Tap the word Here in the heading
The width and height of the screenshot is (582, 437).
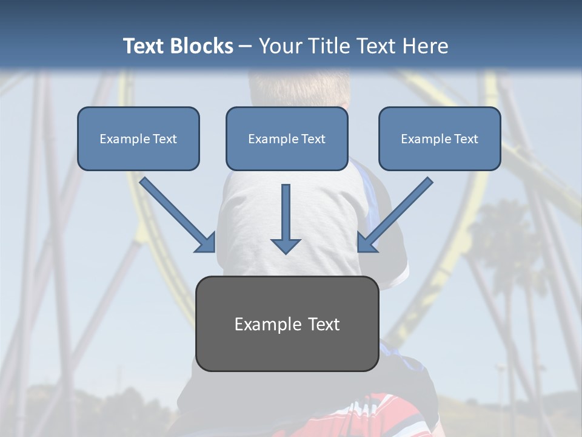(425, 46)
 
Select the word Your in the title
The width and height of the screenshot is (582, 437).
(281, 46)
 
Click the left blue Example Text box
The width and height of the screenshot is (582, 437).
(138, 138)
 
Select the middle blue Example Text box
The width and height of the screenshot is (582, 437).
(287, 138)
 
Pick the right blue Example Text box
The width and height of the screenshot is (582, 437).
(440, 138)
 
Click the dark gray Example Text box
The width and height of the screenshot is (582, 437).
(287, 324)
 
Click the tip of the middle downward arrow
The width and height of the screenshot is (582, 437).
(286, 252)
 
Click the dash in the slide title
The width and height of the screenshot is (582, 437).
(246, 46)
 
